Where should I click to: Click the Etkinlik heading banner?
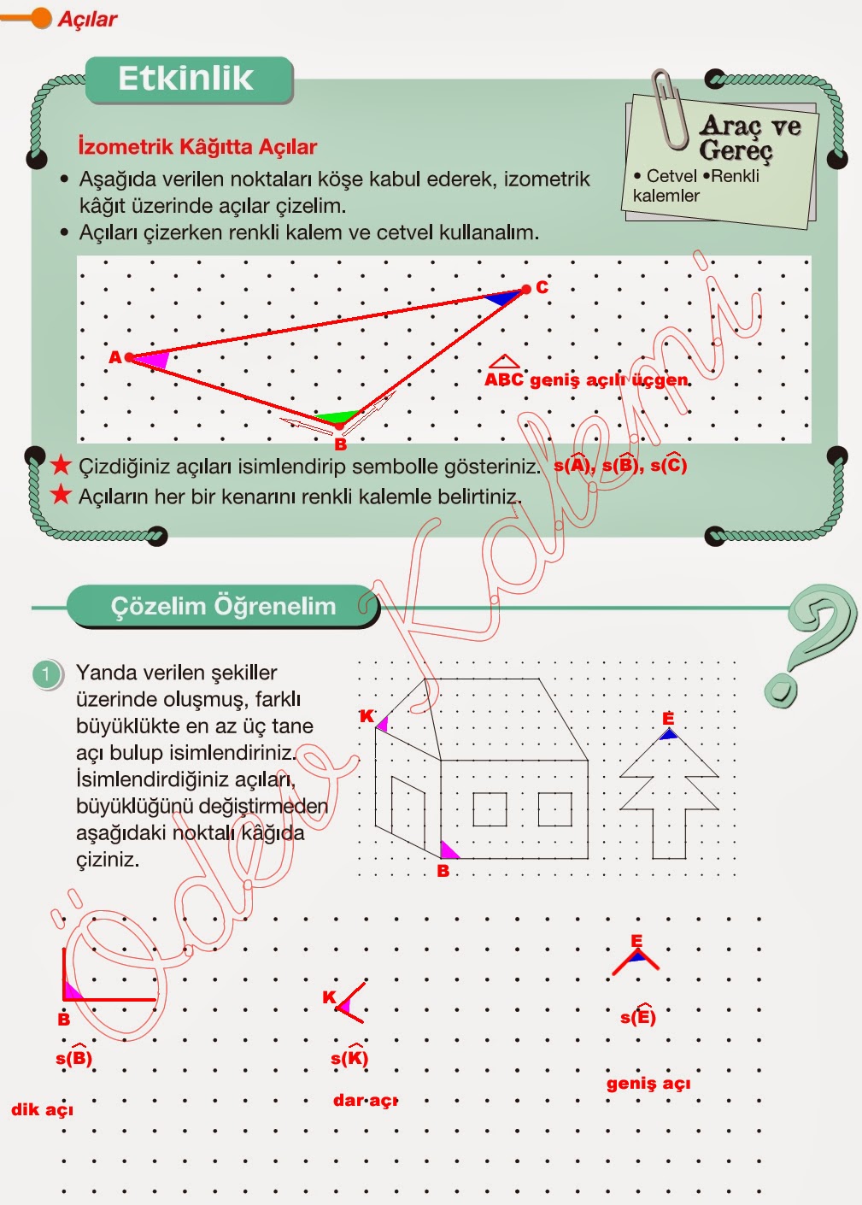[x=188, y=79]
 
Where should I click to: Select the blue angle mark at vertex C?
[x=505, y=297]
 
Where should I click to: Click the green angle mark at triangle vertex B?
[x=337, y=418]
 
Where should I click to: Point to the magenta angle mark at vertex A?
[x=152, y=359]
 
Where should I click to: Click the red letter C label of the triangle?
[x=542, y=287]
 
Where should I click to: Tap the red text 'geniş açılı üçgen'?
[x=609, y=379]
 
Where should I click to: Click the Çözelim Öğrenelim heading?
[x=222, y=606]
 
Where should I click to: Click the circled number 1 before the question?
[x=46, y=674]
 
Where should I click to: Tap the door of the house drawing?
[x=408, y=812]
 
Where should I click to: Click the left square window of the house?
[x=490, y=809]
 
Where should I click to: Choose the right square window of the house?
[x=554, y=809]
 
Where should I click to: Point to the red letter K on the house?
[x=366, y=716]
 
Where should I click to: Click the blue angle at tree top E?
[x=668, y=733]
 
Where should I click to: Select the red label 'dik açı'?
[x=42, y=1109]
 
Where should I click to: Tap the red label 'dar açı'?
[x=365, y=1100]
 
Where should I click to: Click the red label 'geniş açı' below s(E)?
[x=648, y=1083]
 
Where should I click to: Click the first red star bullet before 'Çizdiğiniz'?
[x=61, y=466]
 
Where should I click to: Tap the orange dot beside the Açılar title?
[x=41, y=18]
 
